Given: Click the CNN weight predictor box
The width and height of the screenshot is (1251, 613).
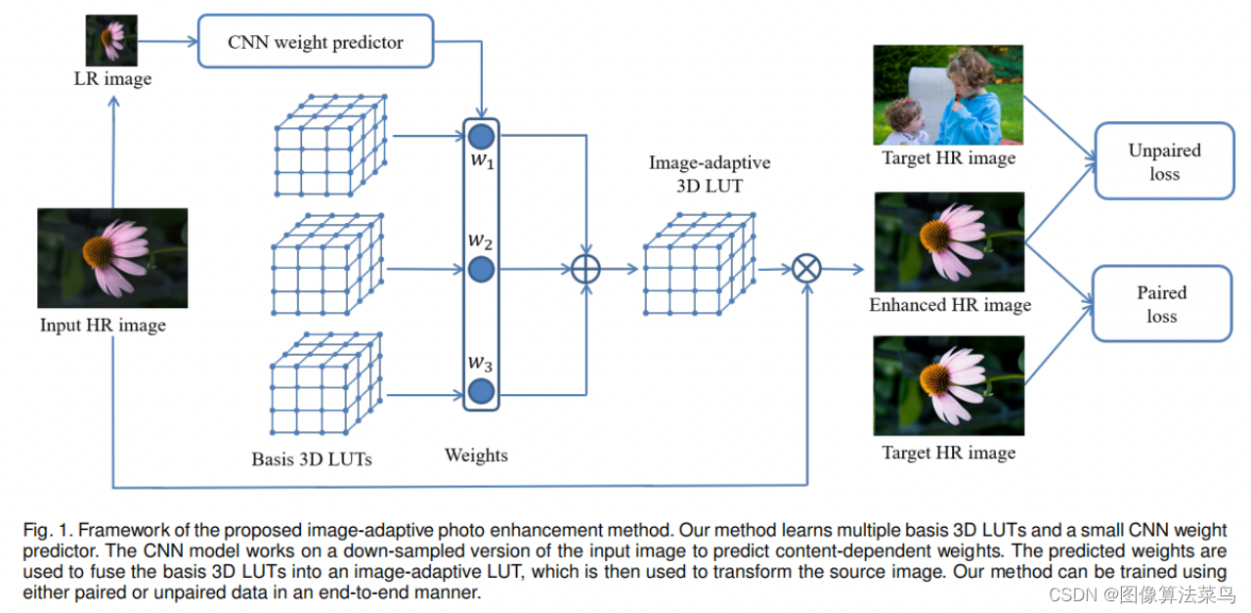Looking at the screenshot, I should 315,41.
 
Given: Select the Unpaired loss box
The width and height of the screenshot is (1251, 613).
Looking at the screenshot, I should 1164,161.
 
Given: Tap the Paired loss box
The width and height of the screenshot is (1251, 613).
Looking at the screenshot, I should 1162,303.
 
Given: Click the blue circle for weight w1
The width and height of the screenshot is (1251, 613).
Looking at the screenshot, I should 481,135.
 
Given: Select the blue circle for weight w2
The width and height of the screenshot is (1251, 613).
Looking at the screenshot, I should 481,269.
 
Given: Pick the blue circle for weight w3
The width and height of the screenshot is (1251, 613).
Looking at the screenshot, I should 481,393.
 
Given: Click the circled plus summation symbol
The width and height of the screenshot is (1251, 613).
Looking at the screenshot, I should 584,269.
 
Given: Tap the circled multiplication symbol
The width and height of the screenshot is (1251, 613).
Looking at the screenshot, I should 806,269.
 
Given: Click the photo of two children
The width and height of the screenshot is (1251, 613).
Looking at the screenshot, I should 947,95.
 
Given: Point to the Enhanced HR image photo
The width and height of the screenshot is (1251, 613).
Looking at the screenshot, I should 948,241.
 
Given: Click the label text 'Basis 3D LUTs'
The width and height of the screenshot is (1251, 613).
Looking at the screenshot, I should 312,459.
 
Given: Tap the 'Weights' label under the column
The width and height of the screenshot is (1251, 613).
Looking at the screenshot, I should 476,455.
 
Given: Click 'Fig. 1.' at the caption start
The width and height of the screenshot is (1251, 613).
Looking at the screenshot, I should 47,530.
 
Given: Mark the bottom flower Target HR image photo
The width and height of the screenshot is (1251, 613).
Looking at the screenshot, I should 948,385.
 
